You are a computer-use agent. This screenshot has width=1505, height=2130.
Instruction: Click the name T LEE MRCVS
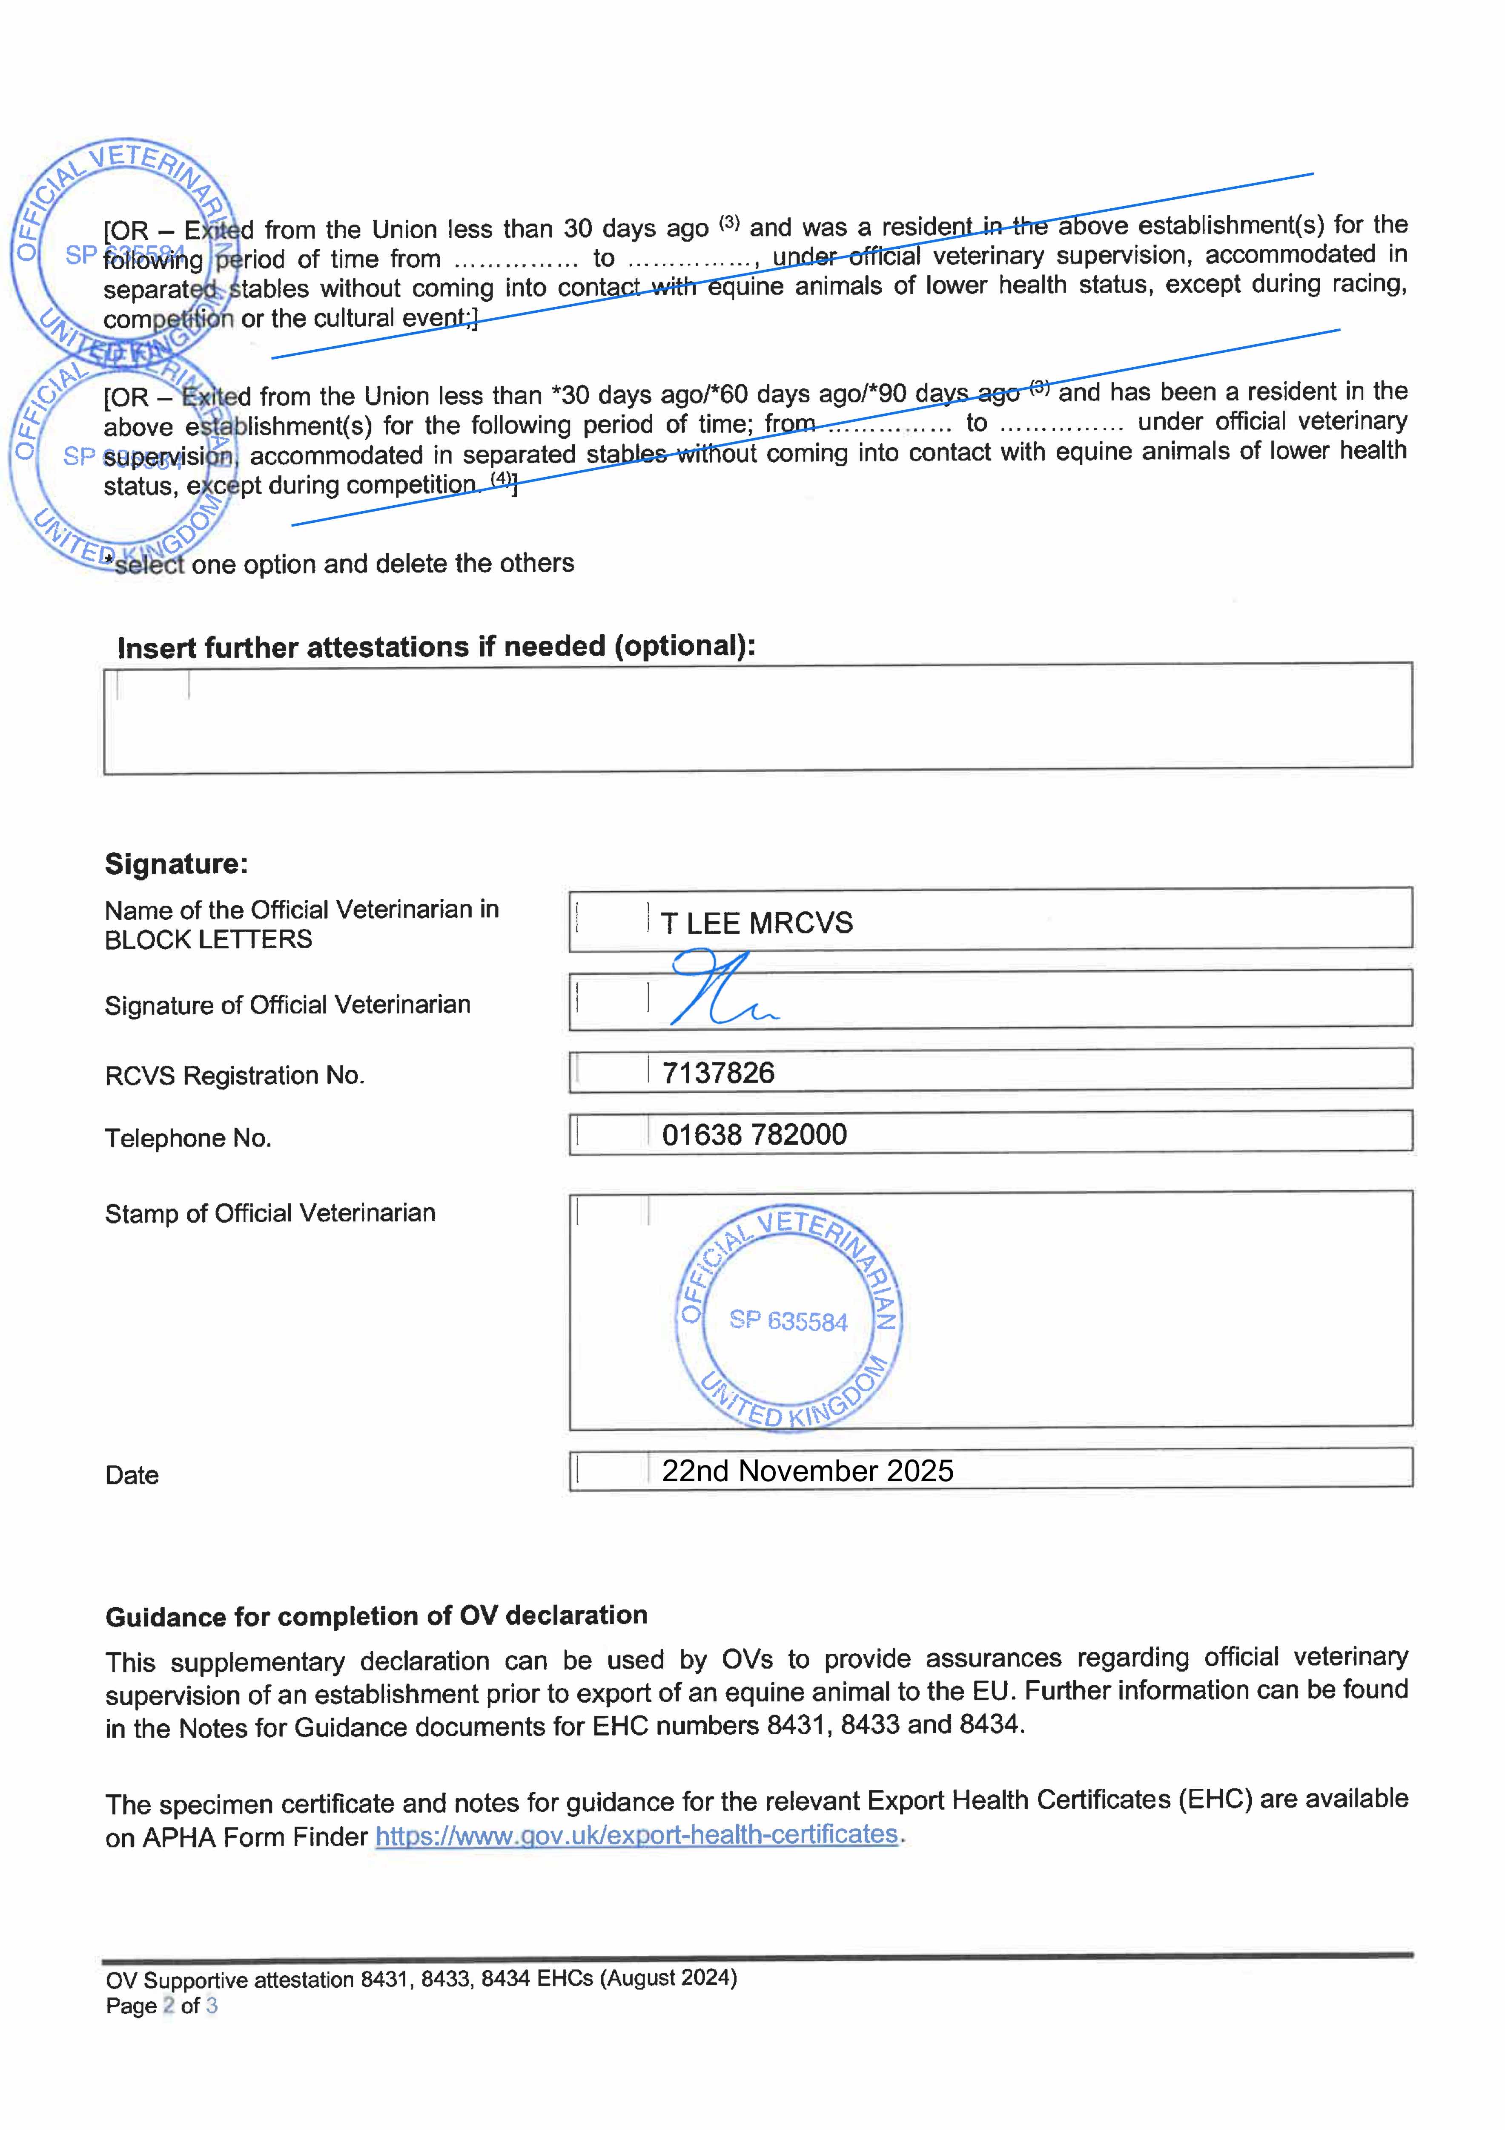click(x=756, y=923)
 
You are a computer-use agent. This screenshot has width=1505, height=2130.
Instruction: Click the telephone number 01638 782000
click(x=754, y=1134)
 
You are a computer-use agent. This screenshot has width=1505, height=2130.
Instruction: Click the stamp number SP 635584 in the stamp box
click(x=788, y=1321)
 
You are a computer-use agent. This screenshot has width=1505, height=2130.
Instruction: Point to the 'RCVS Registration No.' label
click(x=235, y=1075)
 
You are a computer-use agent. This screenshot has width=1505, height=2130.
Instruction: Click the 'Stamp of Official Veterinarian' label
click(x=270, y=1213)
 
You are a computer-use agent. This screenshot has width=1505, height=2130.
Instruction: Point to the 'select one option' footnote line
click(x=343, y=564)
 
